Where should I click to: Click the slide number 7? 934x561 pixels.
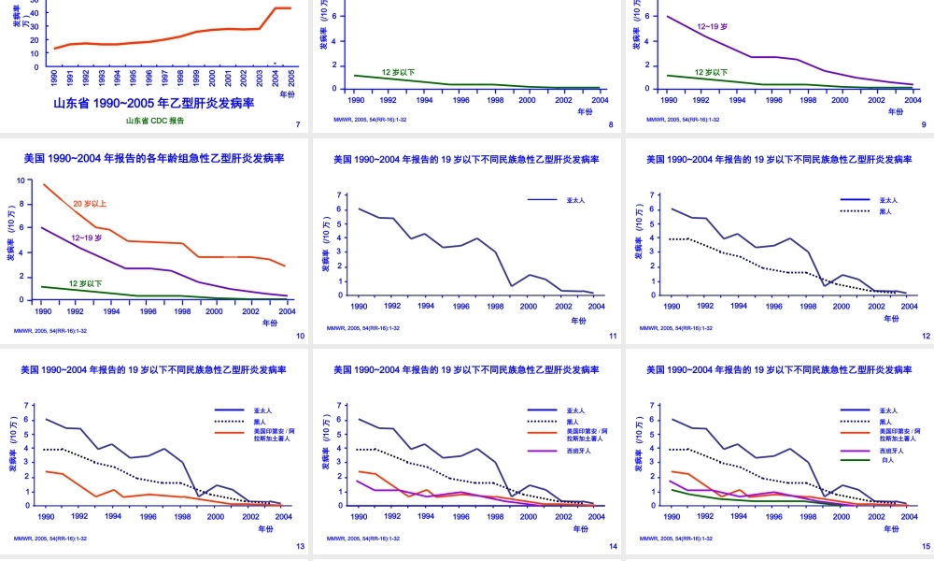tap(297, 124)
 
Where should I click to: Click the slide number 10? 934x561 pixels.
tap(300, 336)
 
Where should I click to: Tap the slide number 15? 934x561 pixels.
tap(926, 546)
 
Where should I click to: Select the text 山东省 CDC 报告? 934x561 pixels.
tap(155, 121)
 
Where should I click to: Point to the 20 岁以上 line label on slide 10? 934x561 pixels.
tap(90, 204)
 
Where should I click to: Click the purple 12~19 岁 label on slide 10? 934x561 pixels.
tap(86, 237)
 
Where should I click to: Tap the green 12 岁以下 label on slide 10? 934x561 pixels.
tap(85, 283)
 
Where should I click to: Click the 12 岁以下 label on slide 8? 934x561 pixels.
tap(398, 72)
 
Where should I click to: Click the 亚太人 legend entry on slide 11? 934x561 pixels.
tap(575, 199)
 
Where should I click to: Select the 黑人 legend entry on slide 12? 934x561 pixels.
tap(885, 211)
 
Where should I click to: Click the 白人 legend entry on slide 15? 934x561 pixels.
tap(887, 460)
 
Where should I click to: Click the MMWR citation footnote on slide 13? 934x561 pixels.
tap(50, 539)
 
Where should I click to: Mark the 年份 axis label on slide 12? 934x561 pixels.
tap(891, 318)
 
